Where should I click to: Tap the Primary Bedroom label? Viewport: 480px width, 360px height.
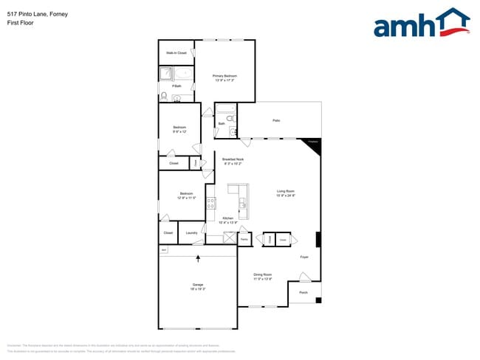pos(224,77)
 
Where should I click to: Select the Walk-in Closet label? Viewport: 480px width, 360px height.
pos(176,53)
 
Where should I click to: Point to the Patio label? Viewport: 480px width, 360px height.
pos(276,120)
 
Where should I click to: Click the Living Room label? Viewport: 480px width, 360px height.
pos(286,194)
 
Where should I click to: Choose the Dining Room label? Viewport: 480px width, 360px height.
pos(263,276)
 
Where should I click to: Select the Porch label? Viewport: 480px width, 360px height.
pos(303,293)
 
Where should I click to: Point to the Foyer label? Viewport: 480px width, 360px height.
pos(304,257)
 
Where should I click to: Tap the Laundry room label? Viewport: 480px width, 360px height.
pos(191,233)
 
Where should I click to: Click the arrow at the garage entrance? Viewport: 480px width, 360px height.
pos(198,258)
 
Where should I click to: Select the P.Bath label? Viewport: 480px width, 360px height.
pos(176,86)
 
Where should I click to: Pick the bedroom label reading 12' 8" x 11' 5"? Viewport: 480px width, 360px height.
pos(185,195)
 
